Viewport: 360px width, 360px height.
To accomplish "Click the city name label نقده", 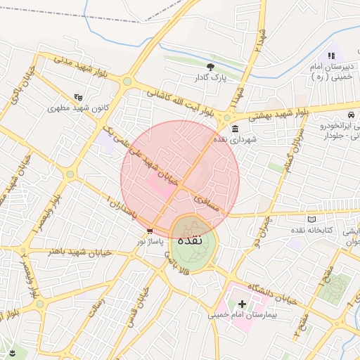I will pos(191,240).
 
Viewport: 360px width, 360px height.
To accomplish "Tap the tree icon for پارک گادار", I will pos(210,66).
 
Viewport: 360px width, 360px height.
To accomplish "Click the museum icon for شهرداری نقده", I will pos(234,129).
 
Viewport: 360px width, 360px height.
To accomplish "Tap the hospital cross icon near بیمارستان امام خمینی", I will pos(243,304).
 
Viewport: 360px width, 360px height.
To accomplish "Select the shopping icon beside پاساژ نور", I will pos(150,231).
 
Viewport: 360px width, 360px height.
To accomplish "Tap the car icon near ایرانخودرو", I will pos(352,115).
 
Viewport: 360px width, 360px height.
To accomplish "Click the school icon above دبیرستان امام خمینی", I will pos(331,56).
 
